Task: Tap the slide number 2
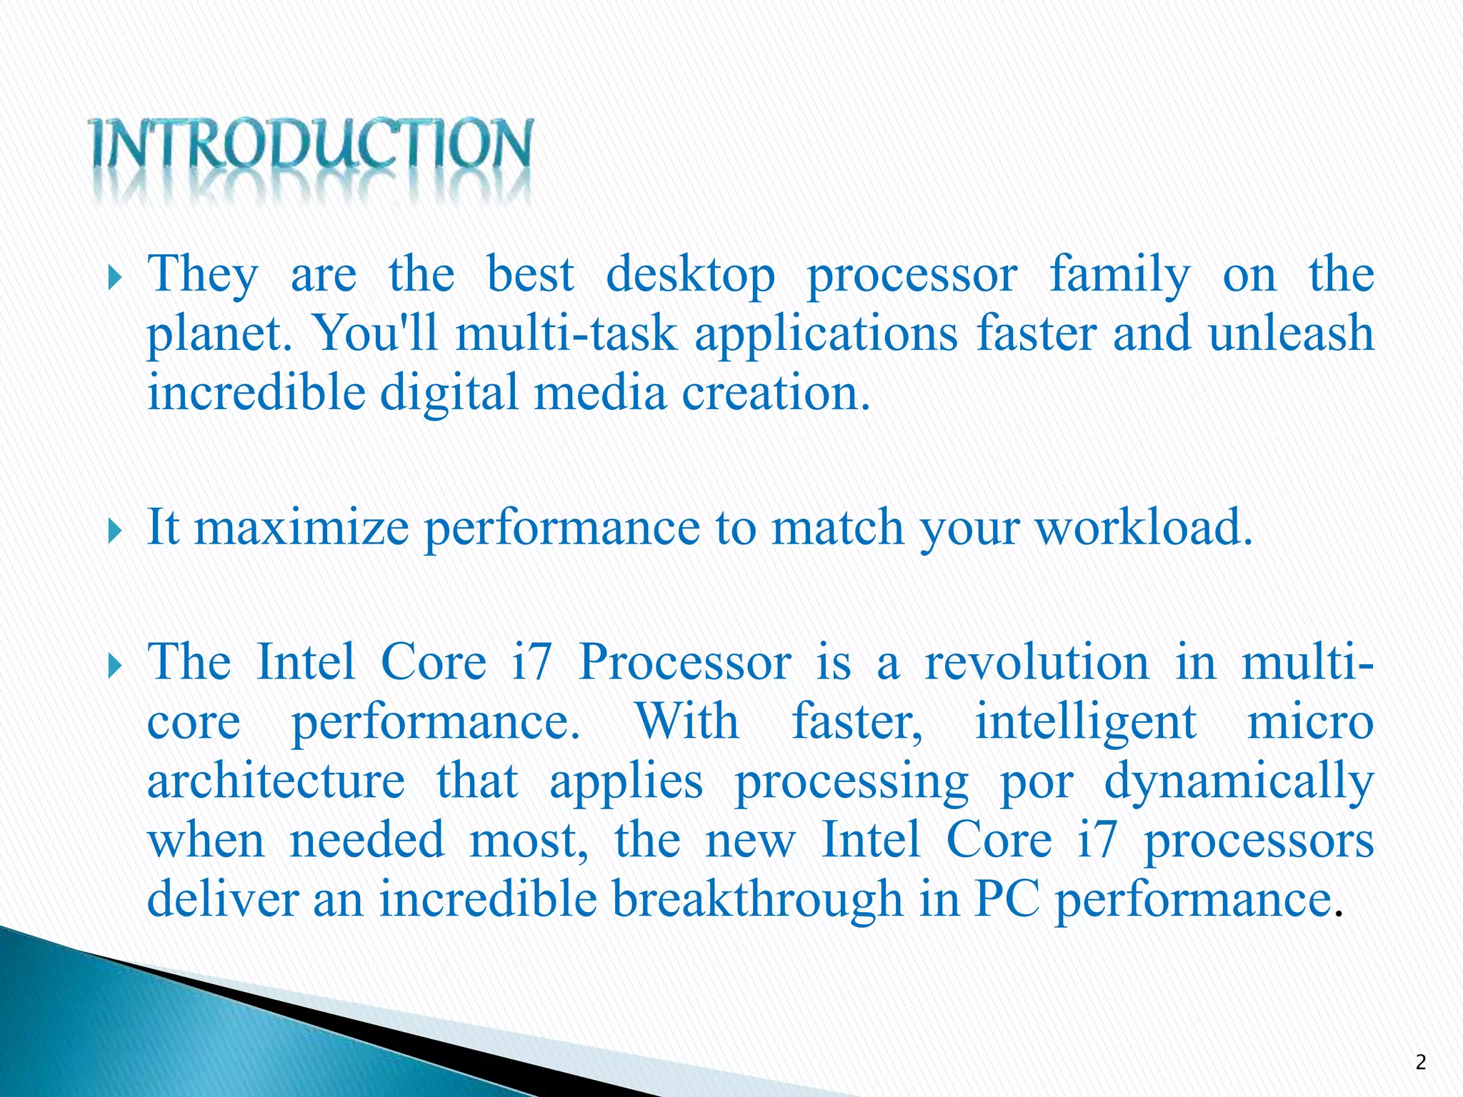click(x=1420, y=1063)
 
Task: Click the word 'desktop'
click(x=690, y=276)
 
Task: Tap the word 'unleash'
click(x=1291, y=334)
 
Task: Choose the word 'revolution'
click(x=1037, y=662)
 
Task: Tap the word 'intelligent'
click(x=1086, y=723)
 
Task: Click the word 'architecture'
click(x=276, y=781)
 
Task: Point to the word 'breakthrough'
click(x=757, y=900)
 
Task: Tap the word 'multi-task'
click(x=566, y=334)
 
